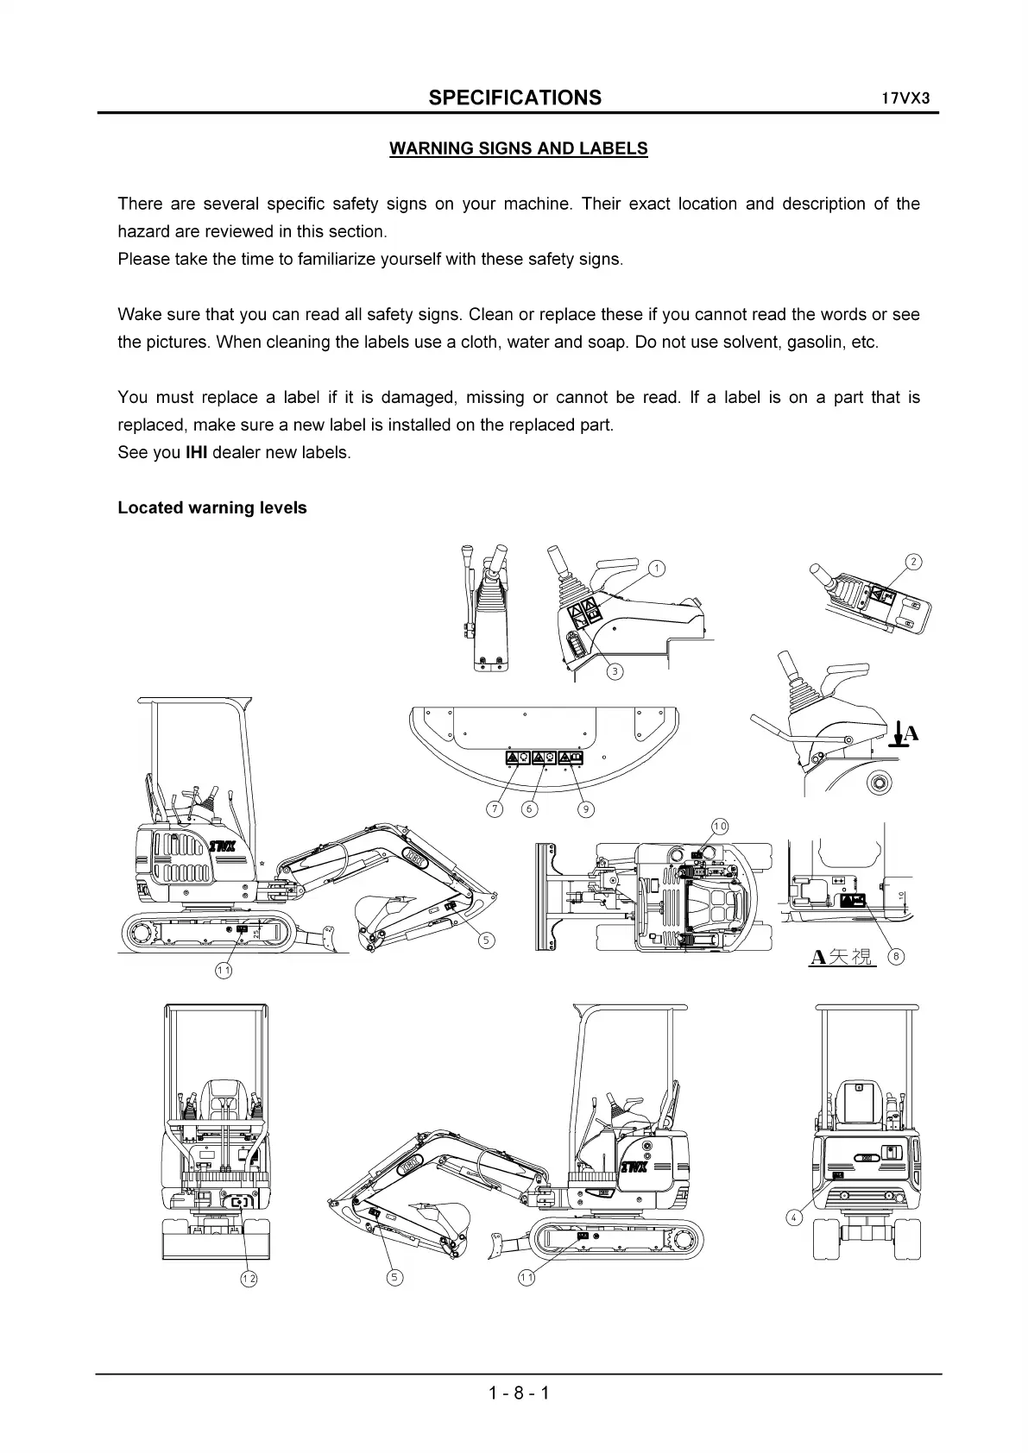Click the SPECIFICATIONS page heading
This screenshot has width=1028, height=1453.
[x=514, y=97]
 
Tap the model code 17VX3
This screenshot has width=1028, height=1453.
[x=905, y=97]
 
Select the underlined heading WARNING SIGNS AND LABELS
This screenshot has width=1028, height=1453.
[x=518, y=148]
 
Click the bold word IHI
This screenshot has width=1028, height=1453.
[x=196, y=453]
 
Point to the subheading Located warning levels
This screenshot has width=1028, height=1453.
[x=212, y=508]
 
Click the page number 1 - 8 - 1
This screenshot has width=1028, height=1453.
[x=518, y=1393]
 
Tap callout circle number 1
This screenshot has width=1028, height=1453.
[x=657, y=568]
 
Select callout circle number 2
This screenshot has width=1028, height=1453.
[x=913, y=563]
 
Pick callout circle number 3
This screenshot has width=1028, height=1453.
[x=614, y=671]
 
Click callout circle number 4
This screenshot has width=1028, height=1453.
[x=794, y=1217]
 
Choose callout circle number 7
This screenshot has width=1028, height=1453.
[x=495, y=809]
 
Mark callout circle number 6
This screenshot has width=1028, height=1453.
[x=530, y=809]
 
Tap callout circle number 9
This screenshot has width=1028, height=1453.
[x=586, y=809]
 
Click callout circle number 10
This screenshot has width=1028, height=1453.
[x=720, y=827]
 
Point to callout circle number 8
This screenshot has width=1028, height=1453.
[x=896, y=956]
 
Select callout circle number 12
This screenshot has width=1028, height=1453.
[x=249, y=1279]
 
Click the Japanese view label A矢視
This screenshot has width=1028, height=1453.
[x=842, y=956]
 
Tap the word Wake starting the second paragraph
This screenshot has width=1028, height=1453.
[x=137, y=315]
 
